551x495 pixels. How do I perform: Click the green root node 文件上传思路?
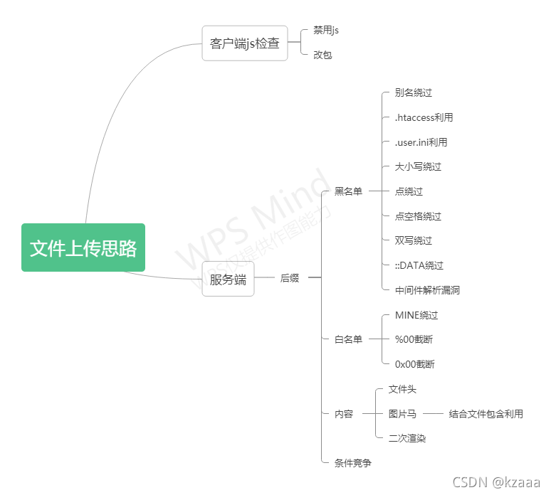click(x=83, y=247)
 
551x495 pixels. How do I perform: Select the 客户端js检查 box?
click(x=244, y=43)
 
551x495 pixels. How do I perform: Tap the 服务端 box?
click(x=228, y=279)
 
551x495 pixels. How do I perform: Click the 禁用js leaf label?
click(x=326, y=30)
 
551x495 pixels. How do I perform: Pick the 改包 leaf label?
click(x=322, y=55)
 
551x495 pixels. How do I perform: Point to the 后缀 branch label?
click(x=290, y=279)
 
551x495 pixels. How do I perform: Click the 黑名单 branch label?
click(x=348, y=191)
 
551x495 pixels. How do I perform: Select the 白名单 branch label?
click(x=348, y=339)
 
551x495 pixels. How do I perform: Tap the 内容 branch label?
click(x=344, y=414)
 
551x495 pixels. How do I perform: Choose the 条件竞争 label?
click(x=353, y=463)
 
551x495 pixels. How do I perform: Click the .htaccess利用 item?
click(x=424, y=117)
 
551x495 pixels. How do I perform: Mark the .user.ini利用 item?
click(x=421, y=142)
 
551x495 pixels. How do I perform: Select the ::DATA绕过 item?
click(x=419, y=265)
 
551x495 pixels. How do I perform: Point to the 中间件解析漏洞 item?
click(x=427, y=290)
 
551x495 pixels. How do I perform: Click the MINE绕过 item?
click(x=416, y=315)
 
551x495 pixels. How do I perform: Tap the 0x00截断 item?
click(x=414, y=364)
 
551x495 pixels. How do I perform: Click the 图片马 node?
click(x=402, y=414)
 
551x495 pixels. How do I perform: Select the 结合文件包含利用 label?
click(x=486, y=414)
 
